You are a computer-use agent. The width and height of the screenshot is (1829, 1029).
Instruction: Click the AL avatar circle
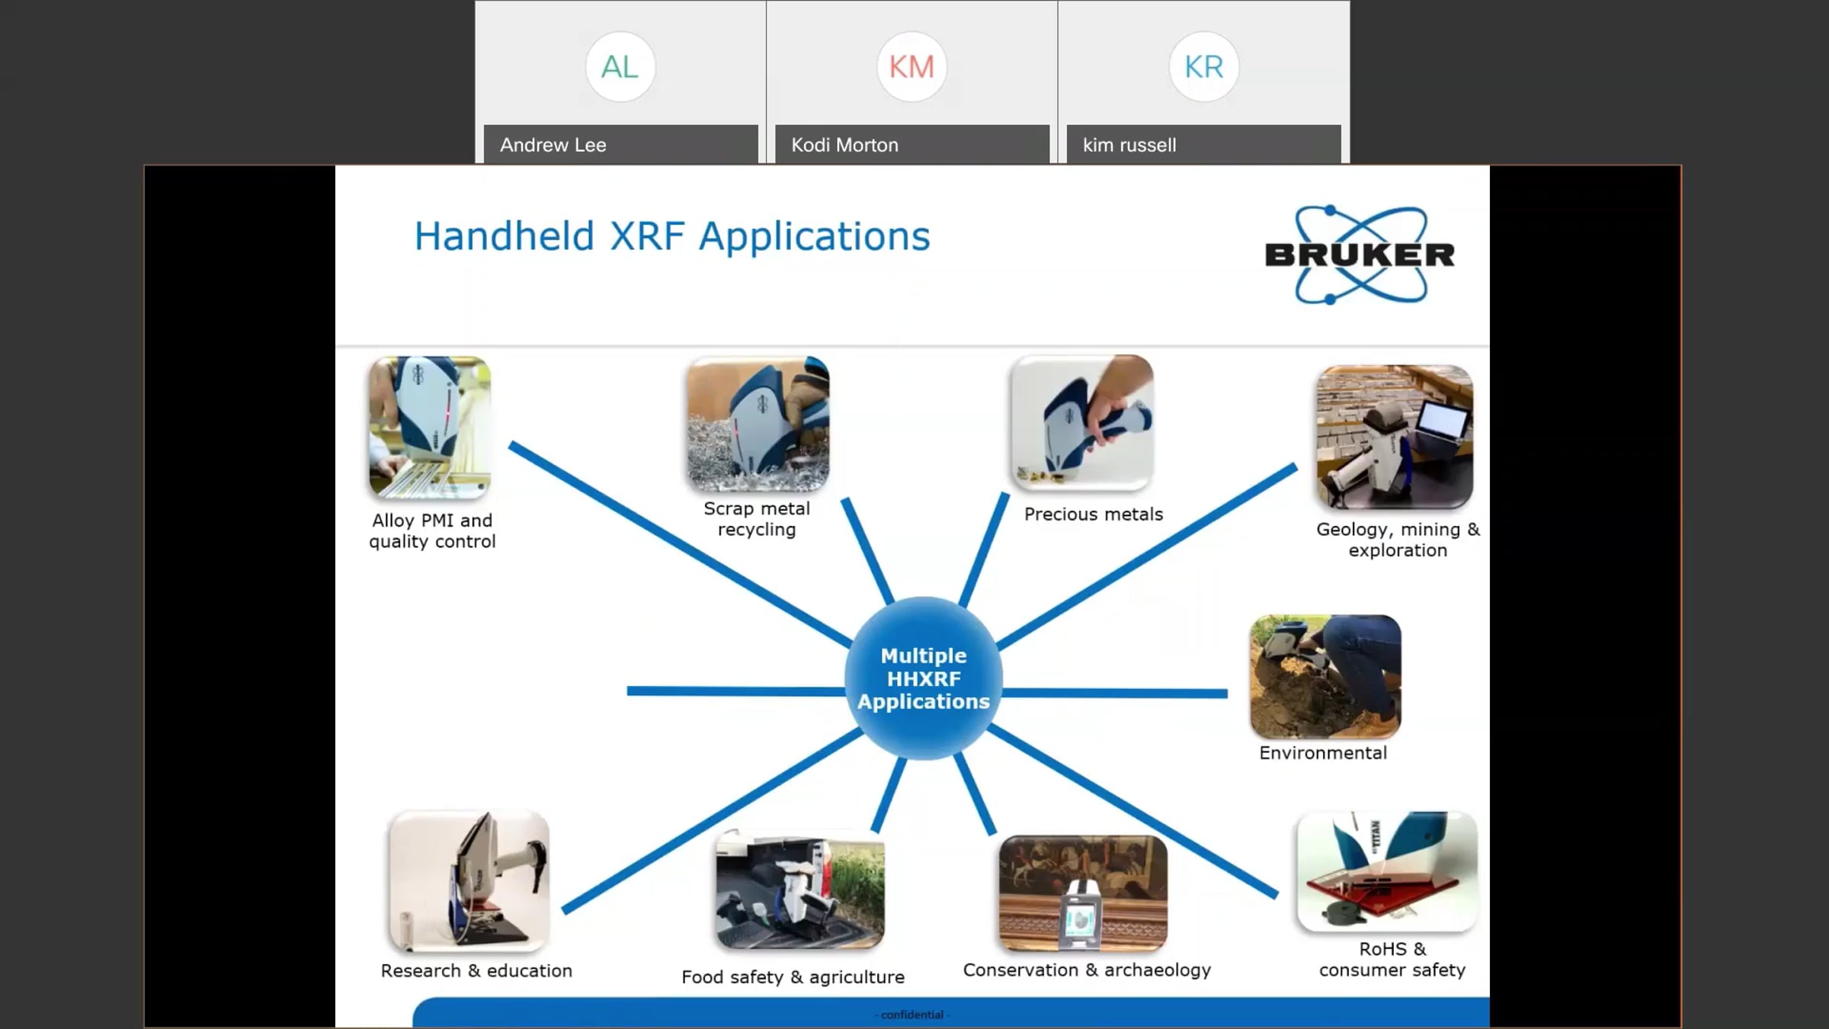coord(620,67)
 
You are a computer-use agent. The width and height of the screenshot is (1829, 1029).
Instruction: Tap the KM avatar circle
coord(911,67)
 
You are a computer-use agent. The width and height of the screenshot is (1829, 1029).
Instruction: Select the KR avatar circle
coord(1203,67)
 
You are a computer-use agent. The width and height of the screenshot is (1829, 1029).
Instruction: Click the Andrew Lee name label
coord(553,145)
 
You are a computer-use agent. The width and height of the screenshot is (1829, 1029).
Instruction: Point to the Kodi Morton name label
coord(844,145)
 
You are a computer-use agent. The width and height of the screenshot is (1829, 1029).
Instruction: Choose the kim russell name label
coord(1129,145)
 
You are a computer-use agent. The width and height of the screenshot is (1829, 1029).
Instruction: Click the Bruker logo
coord(1360,255)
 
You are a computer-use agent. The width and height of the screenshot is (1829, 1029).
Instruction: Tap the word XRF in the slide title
coord(647,236)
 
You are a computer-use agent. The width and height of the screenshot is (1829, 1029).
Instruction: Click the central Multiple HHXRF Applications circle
coord(924,678)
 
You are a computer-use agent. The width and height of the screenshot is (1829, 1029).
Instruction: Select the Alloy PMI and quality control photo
coord(430,428)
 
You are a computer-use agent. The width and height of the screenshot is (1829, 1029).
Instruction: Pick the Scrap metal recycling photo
coord(758,424)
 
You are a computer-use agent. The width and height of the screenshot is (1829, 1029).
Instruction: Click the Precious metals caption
coord(1094,514)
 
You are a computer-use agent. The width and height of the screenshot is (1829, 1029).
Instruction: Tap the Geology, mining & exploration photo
coord(1395,437)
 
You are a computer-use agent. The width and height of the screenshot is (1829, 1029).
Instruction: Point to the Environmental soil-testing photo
coord(1325,677)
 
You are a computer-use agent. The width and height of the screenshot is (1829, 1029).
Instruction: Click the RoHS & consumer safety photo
coord(1387,871)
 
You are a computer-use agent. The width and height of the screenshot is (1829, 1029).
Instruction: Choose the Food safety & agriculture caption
coord(793,977)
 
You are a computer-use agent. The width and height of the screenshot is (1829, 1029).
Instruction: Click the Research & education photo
coord(469,882)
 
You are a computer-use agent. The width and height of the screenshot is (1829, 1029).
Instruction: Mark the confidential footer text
coord(912,1015)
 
